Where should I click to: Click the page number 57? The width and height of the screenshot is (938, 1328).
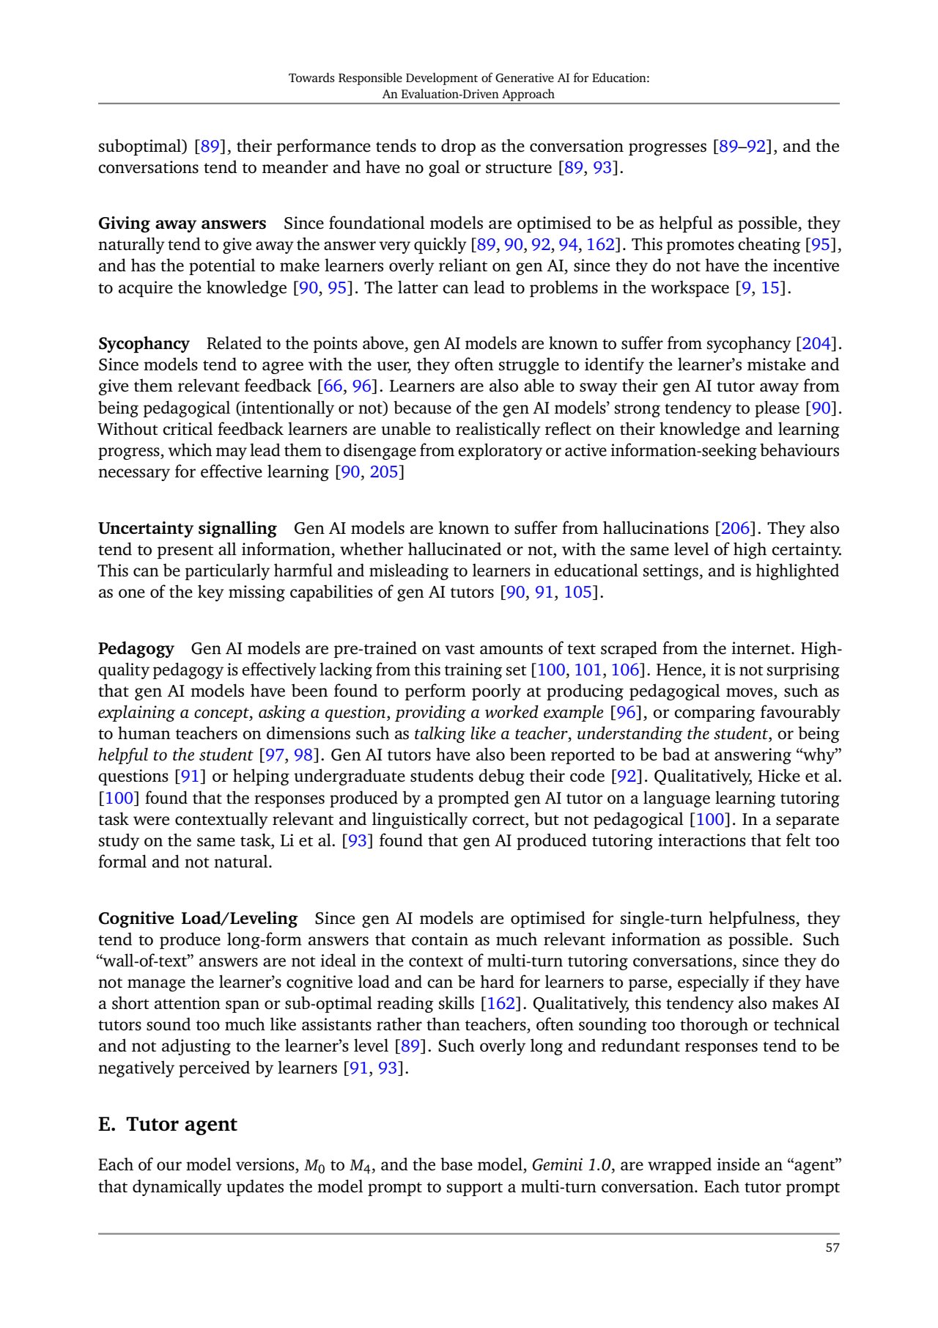tap(832, 1247)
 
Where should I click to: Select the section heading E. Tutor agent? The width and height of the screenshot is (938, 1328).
tap(168, 1124)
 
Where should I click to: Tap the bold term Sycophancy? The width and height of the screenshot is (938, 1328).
tap(144, 343)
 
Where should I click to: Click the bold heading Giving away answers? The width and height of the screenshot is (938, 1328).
tap(182, 223)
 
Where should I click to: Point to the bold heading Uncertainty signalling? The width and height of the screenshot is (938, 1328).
tap(188, 528)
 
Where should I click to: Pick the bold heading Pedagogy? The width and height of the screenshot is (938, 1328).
tap(136, 648)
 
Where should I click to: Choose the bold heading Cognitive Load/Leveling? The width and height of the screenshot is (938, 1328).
tap(198, 918)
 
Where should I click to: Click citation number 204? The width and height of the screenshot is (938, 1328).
tap(817, 343)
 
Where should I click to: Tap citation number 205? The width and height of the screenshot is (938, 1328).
tap(384, 472)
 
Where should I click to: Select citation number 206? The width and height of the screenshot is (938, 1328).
tap(736, 528)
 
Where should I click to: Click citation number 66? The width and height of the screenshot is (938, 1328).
tap(333, 386)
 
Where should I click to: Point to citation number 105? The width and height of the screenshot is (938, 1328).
tap(577, 592)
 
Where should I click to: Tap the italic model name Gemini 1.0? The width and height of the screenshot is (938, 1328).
tap(571, 1164)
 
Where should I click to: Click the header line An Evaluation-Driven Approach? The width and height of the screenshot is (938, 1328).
tap(468, 94)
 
